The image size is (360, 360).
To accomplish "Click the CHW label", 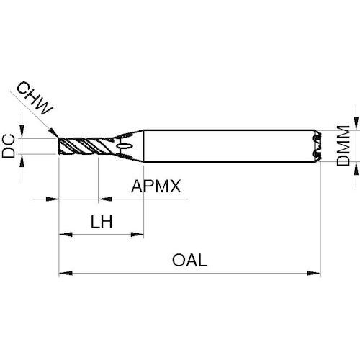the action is tap(35, 99).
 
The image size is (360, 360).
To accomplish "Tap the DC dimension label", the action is tap(9, 146).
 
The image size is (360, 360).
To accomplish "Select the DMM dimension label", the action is tap(343, 145).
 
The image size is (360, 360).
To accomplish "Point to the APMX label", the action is tap(156, 186).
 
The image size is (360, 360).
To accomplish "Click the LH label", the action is tap(102, 222).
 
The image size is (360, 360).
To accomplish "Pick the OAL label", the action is tap(189, 260).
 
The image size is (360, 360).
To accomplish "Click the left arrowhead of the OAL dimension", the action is tap(66, 273).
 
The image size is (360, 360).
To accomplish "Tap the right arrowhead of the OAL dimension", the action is tap(314, 273).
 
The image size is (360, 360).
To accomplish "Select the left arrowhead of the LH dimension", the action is tap(66, 234).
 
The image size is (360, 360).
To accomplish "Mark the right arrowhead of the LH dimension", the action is tap(137, 234).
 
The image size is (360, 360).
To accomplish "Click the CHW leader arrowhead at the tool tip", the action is tap(53, 132).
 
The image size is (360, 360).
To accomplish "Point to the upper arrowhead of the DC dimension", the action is tap(22, 131).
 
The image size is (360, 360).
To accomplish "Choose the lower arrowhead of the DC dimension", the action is tap(22, 161).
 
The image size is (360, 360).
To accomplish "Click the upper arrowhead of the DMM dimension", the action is tap(356, 124).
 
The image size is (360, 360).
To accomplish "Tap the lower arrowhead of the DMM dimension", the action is tap(356, 168).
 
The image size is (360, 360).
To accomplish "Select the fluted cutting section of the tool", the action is tap(84, 146).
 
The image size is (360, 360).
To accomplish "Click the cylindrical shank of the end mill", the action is tap(229, 146).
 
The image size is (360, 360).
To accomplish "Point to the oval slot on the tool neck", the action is tap(124, 146).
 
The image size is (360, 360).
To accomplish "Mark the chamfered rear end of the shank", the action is tap(318, 146).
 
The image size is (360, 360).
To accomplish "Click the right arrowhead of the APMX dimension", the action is tap(105, 199).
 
